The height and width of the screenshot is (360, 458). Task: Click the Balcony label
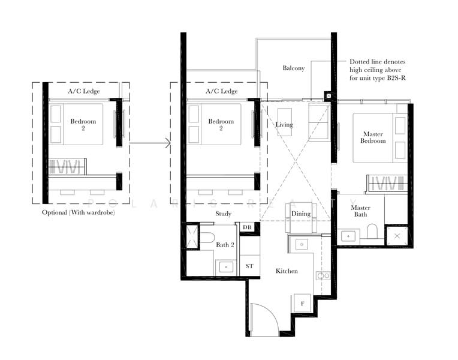(294, 68)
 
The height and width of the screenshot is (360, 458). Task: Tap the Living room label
(284, 125)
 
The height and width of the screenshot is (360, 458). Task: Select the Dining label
(301, 214)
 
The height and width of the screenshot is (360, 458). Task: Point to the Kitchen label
(287, 271)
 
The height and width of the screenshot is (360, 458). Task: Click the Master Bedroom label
(373, 137)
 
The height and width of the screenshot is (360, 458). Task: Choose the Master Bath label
(360, 211)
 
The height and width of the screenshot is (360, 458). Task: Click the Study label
(223, 214)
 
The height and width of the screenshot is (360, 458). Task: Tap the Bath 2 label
(225, 245)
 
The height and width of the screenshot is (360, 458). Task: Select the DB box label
(247, 227)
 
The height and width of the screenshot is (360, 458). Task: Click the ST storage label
(249, 266)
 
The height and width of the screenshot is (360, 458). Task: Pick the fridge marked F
(302, 303)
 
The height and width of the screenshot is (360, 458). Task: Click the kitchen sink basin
(302, 244)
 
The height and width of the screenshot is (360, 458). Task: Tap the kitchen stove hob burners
(323, 275)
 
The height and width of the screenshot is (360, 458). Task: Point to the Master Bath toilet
(372, 231)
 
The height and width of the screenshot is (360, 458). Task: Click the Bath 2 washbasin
(226, 267)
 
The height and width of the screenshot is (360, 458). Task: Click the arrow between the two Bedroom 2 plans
(150, 143)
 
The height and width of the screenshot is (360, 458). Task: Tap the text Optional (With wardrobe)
(79, 212)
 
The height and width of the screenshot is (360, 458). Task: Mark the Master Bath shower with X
(397, 236)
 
